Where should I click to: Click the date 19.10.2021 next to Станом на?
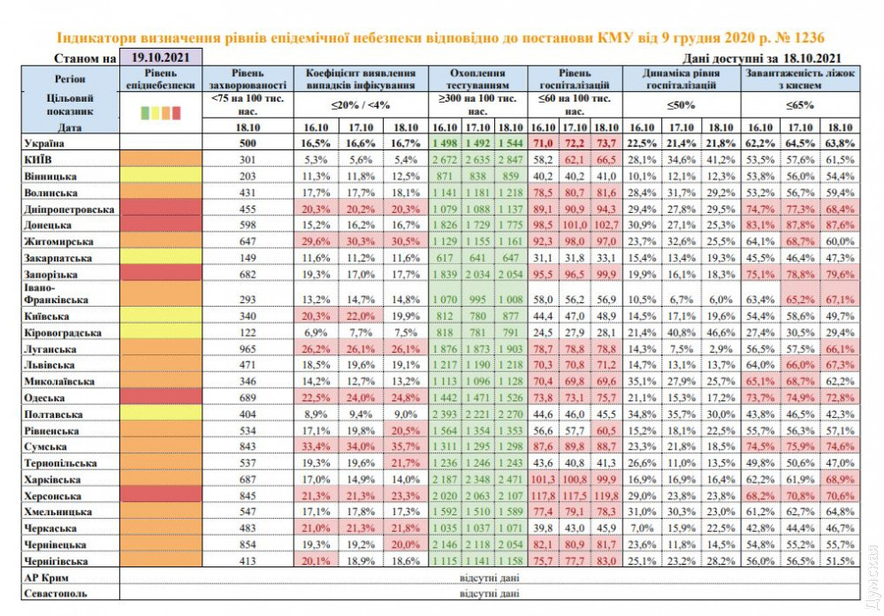pyautogui.click(x=159, y=57)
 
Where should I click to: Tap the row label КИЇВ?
pyautogui.click(x=36, y=159)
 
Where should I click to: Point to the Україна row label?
pyautogui.click(x=41, y=143)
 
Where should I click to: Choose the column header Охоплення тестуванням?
pyautogui.click(x=477, y=80)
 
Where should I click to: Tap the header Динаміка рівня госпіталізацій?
pyautogui.click(x=681, y=80)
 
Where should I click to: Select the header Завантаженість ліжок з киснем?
pyautogui.click(x=801, y=80)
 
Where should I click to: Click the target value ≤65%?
pyautogui.click(x=801, y=105)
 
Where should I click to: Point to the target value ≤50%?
pyautogui.click(x=681, y=105)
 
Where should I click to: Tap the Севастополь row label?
pyautogui.click(x=50, y=594)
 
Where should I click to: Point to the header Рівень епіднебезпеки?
pyautogui.click(x=160, y=80)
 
